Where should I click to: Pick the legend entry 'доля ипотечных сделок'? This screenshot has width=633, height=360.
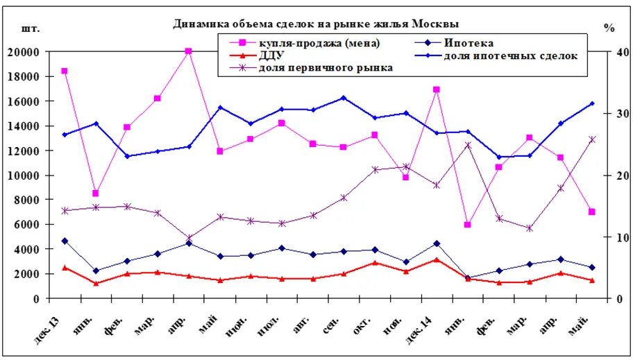pos(510,55)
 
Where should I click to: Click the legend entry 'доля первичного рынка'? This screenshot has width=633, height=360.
pos(326,67)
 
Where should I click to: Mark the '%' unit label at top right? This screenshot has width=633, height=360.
pos(609,28)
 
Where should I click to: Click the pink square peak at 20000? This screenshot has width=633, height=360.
pos(189,51)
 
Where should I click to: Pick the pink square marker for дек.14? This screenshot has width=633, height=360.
pos(437,89)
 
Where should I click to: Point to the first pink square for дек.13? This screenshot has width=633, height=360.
pos(65,71)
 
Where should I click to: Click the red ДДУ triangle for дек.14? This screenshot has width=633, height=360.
pos(437,259)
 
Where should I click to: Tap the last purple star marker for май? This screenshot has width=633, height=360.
pos(592,139)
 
